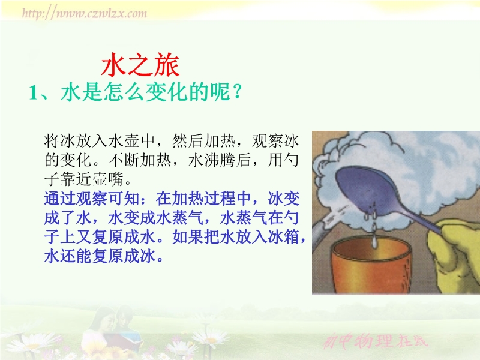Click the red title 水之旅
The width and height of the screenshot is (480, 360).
click(x=140, y=65)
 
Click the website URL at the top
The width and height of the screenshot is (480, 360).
click(x=84, y=13)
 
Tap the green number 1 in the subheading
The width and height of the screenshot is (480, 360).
click(x=33, y=92)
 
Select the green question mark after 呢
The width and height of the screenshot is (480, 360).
click(x=236, y=92)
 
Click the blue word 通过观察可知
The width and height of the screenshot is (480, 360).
click(x=92, y=199)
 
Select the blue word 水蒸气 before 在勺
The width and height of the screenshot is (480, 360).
click(x=244, y=218)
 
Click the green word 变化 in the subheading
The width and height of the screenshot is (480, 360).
click(x=166, y=92)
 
